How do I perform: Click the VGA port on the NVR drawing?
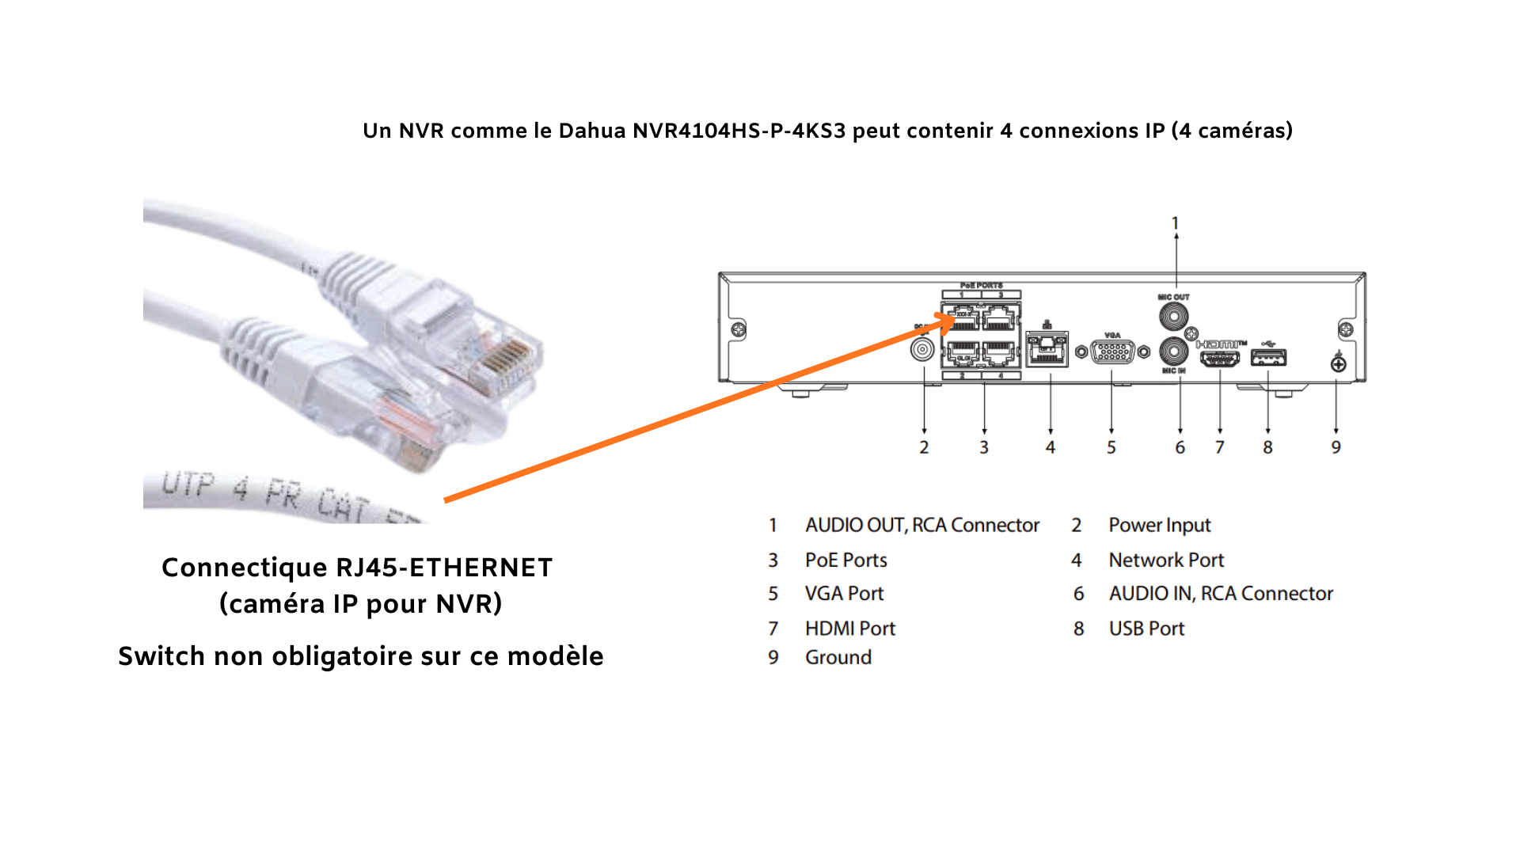point(1112,351)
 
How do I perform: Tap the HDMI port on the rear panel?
point(1220,358)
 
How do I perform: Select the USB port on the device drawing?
point(1268,358)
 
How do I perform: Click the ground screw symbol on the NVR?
point(1338,363)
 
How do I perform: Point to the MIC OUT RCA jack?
point(1173,316)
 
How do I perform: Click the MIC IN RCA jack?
point(1173,351)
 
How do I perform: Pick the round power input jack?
point(922,349)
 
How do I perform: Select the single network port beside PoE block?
point(1047,349)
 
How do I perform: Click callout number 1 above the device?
point(1176,223)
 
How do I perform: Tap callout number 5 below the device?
point(1111,447)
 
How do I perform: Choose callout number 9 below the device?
point(1336,447)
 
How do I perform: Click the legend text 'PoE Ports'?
point(845,560)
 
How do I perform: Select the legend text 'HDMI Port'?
point(849,629)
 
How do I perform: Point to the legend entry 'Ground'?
point(838,657)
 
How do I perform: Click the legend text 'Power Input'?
point(1159,525)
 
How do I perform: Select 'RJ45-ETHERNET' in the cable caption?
point(443,568)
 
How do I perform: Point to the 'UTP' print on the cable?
point(188,484)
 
